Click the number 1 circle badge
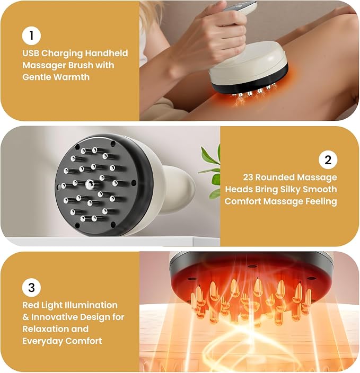pyautogui.click(x=31, y=35)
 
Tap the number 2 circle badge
pyautogui.click(x=328, y=160)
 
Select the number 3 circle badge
pyautogui.click(x=31, y=287)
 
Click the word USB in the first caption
pyautogui.click(x=31, y=54)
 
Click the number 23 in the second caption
pyautogui.click(x=248, y=177)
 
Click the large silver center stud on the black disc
pyautogui.click(x=90, y=184)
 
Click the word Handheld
pyautogui.click(x=107, y=54)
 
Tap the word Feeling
pyautogui.click(x=321, y=202)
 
